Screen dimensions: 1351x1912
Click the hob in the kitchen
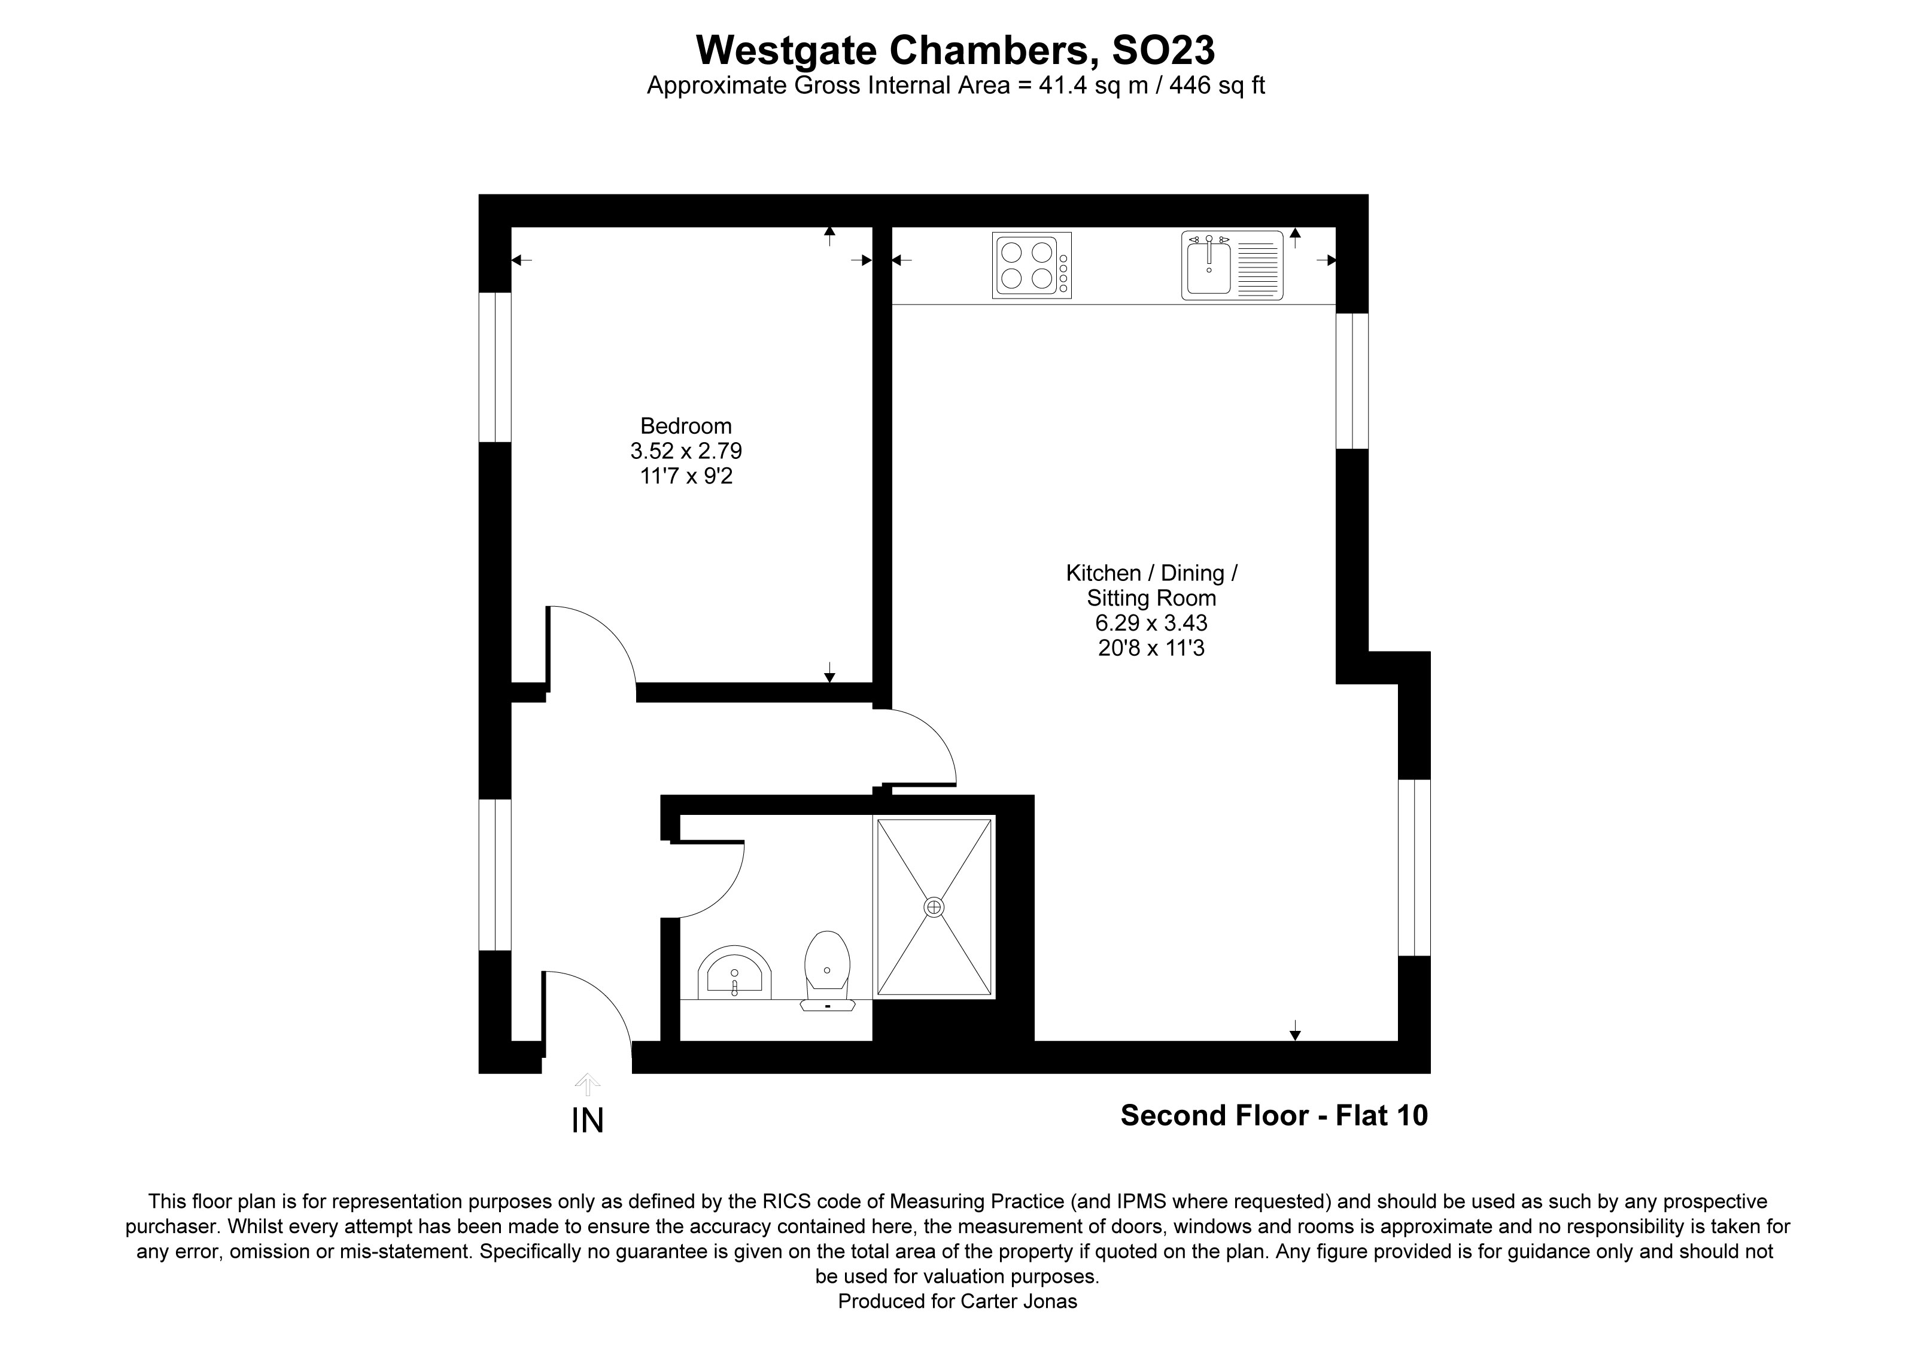click(x=1031, y=266)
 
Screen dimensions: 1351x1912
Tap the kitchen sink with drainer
click(x=1232, y=266)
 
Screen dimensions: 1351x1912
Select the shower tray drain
click(x=934, y=906)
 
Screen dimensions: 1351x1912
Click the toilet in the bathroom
click(x=827, y=970)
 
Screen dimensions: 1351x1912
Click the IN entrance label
click(x=587, y=1121)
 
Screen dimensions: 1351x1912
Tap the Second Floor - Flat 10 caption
click(x=1273, y=1115)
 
